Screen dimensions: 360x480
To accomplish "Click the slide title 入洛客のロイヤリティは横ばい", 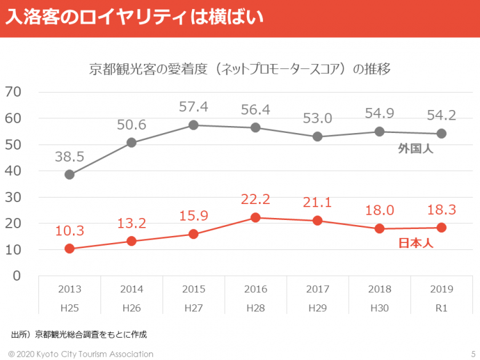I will tap(135, 18).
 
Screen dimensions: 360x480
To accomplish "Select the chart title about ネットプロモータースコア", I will tap(240, 69).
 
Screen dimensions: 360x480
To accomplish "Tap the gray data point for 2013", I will tap(70, 175).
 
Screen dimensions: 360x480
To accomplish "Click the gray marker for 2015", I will tap(193, 125).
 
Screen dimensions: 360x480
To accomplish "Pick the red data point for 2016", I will tap(255, 217).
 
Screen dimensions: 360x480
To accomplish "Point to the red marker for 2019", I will tap(441, 228).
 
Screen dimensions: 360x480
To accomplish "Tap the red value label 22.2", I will tap(255, 200).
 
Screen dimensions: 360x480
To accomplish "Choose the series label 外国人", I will tap(416, 149).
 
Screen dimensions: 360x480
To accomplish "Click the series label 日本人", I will tap(416, 243).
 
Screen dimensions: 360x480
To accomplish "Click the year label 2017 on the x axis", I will tap(317, 289).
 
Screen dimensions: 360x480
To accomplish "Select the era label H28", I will tap(255, 308).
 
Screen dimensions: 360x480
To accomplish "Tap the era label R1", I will tap(441, 308).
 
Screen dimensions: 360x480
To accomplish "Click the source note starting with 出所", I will tap(83, 334).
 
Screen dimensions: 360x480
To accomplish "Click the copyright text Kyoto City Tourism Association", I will tap(81, 354).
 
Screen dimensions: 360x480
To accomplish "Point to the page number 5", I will tap(472, 354).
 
